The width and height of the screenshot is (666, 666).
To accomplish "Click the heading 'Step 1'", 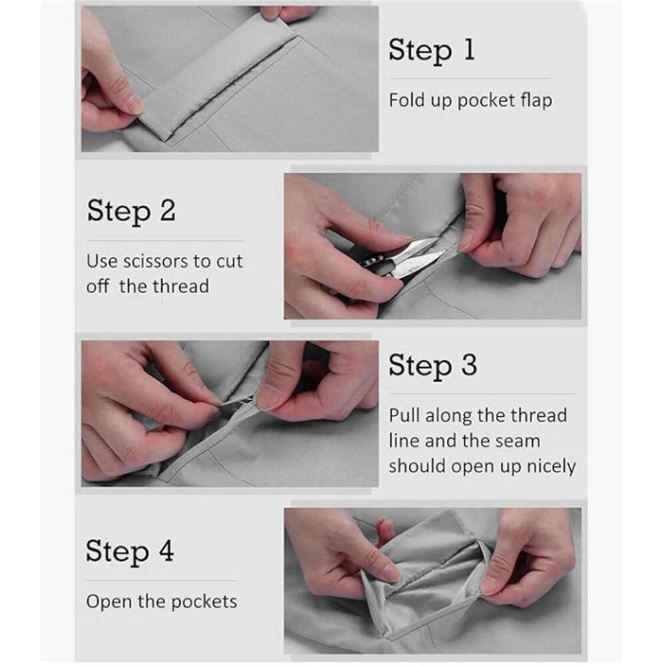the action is (x=432, y=51).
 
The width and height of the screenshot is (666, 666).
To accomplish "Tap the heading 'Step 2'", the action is (x=131, y=211).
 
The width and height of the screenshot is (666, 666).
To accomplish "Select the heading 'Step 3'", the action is (x=433, y=365).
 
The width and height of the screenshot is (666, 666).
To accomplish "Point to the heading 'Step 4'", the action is (x=130, y=551).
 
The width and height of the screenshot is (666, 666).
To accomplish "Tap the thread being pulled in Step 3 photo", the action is (x=236, y=402).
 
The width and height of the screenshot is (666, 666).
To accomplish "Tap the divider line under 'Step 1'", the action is (x=470, y=79).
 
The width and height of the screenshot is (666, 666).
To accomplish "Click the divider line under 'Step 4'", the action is (x=161, y=580).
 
